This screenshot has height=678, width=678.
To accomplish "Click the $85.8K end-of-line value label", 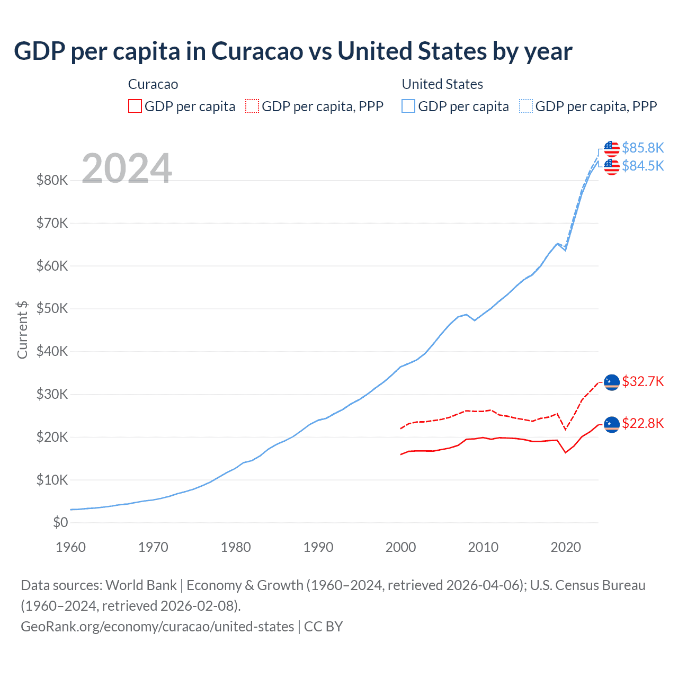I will click(x=643, y=148).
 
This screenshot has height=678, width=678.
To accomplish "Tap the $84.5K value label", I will click(x=643, y=166).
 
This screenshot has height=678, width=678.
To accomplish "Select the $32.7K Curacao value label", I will click(x=643, y=382).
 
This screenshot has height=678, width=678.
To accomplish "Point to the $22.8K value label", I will click(x=643, y=423).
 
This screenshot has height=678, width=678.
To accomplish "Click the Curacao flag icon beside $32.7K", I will click(x=612, y=382).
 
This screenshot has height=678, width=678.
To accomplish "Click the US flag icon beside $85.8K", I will click(x=612, y=148).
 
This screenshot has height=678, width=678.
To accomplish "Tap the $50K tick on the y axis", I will click(x=52, y=309).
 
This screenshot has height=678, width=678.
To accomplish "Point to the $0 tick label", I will click(x=60, y=523).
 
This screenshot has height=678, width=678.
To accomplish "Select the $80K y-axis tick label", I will click(x=52, y=181).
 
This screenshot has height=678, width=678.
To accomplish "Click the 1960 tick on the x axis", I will click(x=70, y=547).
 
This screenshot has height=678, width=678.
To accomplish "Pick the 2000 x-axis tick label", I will click(x=400, y=547).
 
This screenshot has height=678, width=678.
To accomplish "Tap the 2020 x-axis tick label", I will click(x=566, y=547).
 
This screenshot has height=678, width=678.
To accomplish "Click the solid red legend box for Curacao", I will click(x=135, y=106).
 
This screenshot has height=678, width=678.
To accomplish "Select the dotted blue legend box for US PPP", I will click(x=525, y=106).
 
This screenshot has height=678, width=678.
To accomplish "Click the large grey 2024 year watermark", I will click(x=127, y=168).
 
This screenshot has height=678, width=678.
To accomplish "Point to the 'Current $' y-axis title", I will click(x=22, y=329).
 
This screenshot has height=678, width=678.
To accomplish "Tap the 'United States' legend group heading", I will click(x=442, y=84).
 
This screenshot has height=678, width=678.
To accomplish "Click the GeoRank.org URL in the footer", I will click(x=157, y=627).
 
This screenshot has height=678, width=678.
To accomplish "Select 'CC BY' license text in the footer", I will click(x=323, y=627).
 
